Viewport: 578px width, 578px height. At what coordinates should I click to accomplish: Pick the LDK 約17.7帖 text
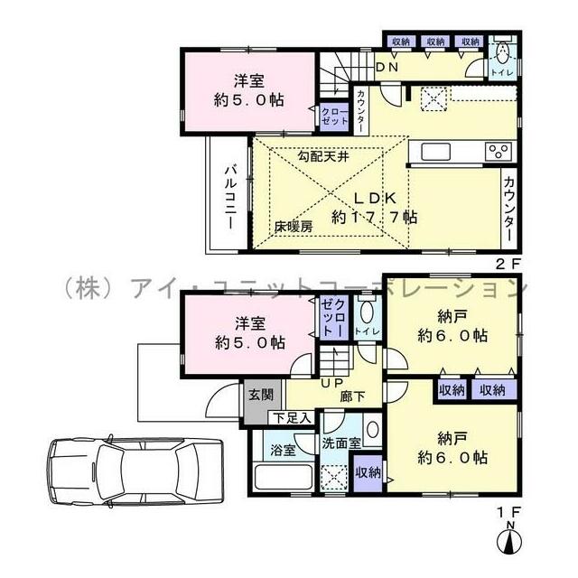click(373, 207)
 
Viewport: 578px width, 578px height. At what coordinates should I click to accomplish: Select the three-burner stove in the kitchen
click(500, 151)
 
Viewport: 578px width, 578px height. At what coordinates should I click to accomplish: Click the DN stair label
click(387, 67)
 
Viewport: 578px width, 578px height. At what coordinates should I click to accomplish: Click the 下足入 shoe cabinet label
click(294, 418)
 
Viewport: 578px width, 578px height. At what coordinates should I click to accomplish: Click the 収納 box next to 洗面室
click(368, 472)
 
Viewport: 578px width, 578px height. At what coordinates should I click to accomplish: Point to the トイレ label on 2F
click(501, 70)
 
